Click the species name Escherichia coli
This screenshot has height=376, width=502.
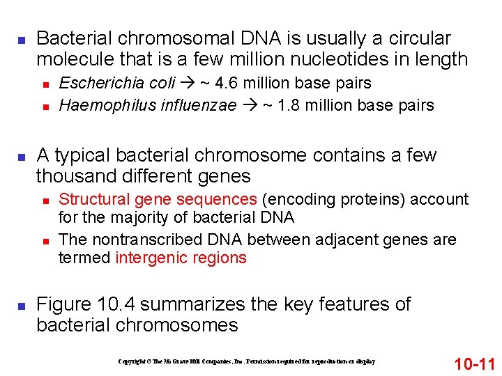tap(117, 84)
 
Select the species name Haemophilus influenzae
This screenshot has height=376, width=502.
tap(148, 106)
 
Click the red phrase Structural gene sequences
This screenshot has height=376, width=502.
tap(158, 200)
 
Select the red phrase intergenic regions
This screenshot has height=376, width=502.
tap(181, 258)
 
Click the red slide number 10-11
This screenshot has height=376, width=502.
tap(474, 363)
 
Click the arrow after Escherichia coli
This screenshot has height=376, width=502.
tap(190, 84)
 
